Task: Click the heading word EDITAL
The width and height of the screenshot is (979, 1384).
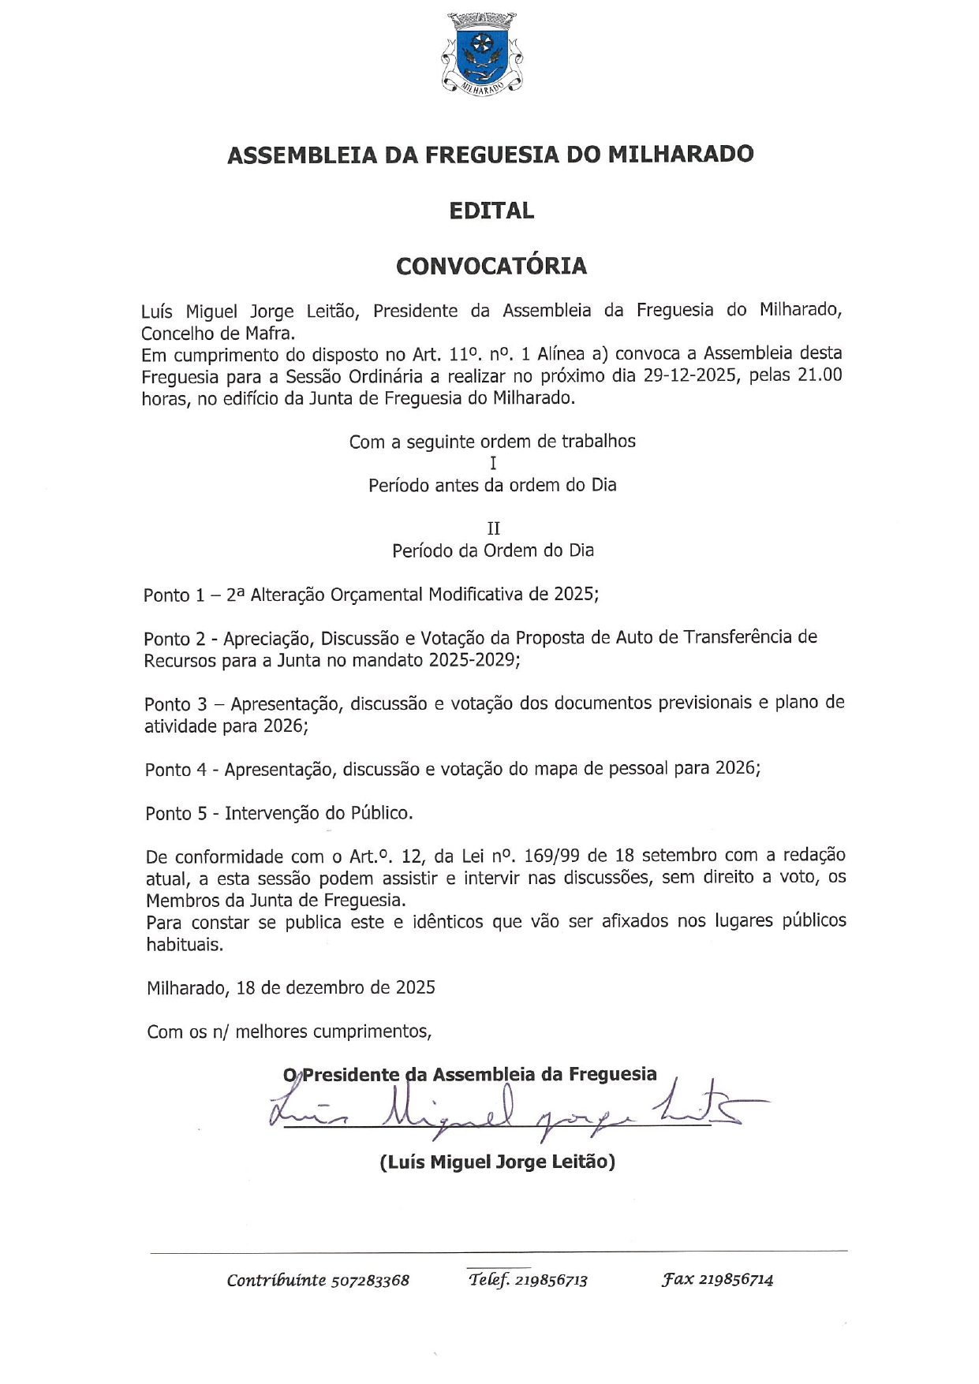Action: click(x=491, y=211)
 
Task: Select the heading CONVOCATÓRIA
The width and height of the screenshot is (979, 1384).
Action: click(x=491, y=266)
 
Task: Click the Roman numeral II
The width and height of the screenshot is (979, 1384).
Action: click(x=493, y=528)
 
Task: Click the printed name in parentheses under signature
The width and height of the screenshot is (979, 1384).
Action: click(x=497, y=1162)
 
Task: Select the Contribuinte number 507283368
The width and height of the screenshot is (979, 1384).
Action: click(x=370, y=1280)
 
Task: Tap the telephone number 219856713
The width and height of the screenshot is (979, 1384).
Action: click(x=551, y=1280)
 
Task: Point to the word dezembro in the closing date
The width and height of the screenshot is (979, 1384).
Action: click(x=324, y=987)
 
